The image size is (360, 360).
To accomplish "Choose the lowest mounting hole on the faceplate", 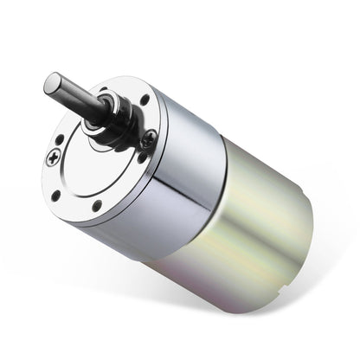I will pos(96,205).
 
